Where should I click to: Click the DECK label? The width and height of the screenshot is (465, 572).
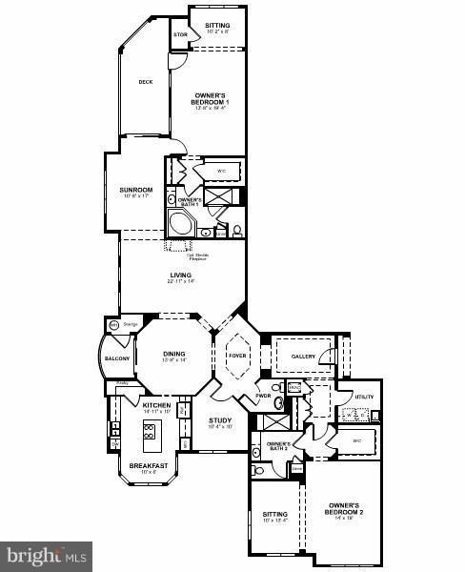click(146, 82)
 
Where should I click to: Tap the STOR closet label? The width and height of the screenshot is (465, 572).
click(179, 35)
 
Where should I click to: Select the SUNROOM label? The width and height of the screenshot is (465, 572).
click(136, 191)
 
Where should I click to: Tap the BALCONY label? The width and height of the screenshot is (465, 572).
click(114, 358)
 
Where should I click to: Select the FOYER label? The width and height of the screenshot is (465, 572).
click(238, 357)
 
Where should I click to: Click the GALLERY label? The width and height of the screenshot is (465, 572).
click(303, 357)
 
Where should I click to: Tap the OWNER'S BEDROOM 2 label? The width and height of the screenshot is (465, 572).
click(342, 508)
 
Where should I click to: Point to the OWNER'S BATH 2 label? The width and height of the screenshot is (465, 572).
click(278, 446)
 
